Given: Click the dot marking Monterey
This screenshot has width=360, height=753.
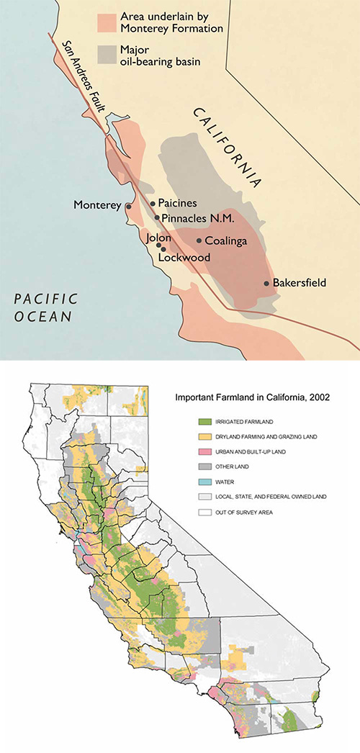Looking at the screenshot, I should [x=129, y=206].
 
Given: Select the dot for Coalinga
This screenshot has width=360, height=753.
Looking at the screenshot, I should [x=199, y=241].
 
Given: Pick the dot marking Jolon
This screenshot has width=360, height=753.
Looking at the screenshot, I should [x=159, y=245].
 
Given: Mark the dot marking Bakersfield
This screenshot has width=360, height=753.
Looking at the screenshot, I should [x=267, y=284].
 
